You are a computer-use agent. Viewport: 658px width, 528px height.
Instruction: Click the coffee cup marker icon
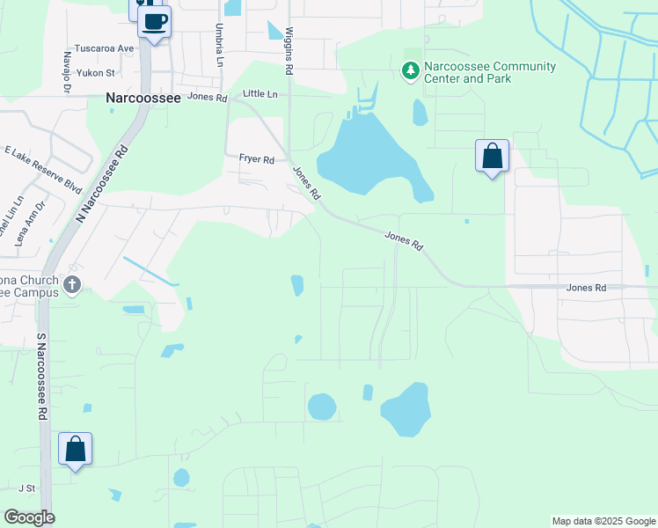[155, 21]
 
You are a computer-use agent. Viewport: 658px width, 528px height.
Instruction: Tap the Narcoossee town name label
[143, 99]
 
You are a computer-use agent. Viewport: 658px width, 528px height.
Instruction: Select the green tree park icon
[410, 70]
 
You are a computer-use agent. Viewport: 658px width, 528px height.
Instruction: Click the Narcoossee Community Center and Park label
[490, 72]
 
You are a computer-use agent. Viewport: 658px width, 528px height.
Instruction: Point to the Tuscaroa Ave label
[105, 48]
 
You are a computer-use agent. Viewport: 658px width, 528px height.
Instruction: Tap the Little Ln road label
[260, 93]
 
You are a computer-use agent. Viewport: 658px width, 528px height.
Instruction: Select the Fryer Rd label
[257, 159]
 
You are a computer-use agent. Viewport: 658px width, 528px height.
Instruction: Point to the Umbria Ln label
[218, 45]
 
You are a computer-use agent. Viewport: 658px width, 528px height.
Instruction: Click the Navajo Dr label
[67, 67]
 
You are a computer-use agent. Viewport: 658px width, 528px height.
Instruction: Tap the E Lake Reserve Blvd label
[43, 171]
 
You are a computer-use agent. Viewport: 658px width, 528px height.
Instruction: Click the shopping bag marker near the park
[493, 156]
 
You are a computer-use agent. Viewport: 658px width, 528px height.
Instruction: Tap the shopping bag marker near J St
[75, 449]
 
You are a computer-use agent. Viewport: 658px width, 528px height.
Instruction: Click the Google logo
[29, 517]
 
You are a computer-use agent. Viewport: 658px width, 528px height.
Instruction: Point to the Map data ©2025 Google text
[603, 521]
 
